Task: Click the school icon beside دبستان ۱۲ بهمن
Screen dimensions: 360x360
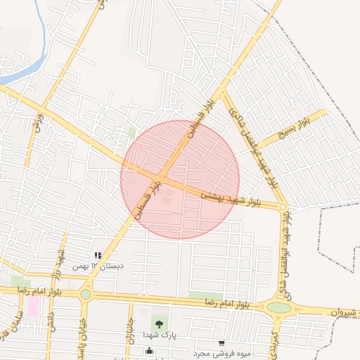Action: pyautogui.click(x=98, y=255)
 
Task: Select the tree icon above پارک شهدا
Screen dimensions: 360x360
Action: pyautogui.click(x=160, y=324)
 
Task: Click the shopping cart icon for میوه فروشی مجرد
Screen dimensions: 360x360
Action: pyautogui.click(x=221, y=343)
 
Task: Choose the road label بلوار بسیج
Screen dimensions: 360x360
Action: pyautogui.click(x=293, y=129)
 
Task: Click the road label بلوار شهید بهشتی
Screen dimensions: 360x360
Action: pyautogui.click(x=231, y=197)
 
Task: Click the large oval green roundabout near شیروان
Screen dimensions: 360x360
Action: pyautogui.click(x=279, y=307)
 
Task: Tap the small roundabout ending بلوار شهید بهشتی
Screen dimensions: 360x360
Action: pyautogui.click(x=283, y=207)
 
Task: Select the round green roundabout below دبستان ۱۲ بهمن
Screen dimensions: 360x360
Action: pyautogui.click(x=86, y=294)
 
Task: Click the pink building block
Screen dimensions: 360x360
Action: pyautogui.click(x=33, y=306)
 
